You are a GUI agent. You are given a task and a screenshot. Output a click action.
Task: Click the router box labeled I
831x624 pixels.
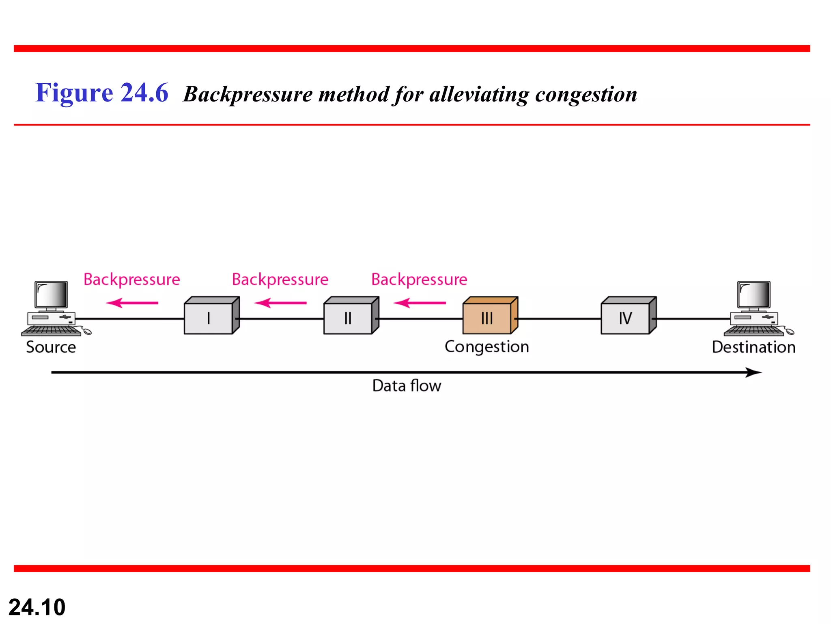(x=209, y=318)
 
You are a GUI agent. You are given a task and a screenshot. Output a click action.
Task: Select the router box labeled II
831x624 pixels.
(x=348, y=318)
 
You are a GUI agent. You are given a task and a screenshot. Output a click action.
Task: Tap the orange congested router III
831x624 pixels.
(x=487, y=318)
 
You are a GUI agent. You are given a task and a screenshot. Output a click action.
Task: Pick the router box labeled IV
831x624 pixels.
(x=626, y=318)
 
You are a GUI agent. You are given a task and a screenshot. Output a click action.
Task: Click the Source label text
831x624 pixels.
(x=51, y=347)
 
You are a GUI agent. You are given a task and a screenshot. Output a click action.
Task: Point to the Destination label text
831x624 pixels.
(x=753, y=347)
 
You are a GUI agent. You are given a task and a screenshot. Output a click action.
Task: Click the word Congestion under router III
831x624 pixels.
(x=487, y=347)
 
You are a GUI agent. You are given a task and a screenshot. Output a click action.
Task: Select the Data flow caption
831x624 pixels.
(x=407, y=386)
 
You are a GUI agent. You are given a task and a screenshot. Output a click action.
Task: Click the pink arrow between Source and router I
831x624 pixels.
(x=132, y=303)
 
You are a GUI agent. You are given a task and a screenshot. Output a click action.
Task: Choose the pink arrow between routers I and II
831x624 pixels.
(x=280, y=303)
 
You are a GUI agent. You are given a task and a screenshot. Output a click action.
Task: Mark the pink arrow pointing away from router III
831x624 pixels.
(x=420, y=303)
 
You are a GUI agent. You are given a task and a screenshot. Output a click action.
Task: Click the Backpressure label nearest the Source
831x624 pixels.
(x=132, y=280)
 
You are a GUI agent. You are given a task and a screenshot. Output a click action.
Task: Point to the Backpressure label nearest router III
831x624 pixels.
(x=420, y=280)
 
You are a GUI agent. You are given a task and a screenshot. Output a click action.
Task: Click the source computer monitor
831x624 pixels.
(x=52, y=295)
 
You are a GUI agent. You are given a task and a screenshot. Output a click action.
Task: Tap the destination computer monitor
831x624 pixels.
(x=754, y=295)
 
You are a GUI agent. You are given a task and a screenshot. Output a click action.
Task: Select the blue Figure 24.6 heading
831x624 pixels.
(x=101, y=93)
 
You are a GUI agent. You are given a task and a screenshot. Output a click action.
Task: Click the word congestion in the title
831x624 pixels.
(x=586, y=95)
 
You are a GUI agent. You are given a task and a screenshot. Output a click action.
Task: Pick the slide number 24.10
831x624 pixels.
(x=37, y=607)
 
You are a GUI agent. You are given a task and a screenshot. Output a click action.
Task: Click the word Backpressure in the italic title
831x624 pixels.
(x=248, y=95)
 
